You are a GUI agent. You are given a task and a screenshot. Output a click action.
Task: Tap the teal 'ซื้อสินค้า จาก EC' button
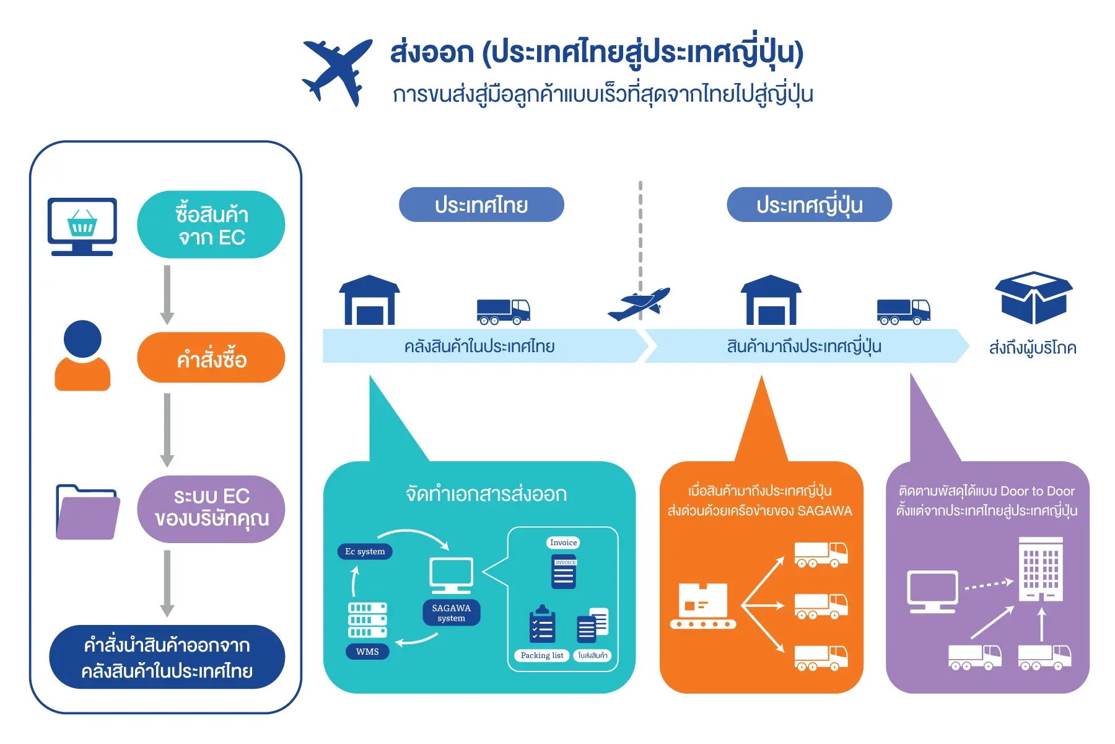point(211,225)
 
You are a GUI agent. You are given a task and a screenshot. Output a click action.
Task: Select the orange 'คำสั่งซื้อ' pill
point(211,358)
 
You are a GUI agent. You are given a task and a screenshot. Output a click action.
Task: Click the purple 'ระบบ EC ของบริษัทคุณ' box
point(211,508)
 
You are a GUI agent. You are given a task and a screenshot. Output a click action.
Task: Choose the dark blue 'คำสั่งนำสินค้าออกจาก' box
point(167,657)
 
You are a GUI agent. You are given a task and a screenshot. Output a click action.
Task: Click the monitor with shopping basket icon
point(82,226)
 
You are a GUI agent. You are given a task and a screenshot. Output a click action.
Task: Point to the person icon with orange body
point(82,356)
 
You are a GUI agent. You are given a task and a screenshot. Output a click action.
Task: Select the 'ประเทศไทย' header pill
point(481,205)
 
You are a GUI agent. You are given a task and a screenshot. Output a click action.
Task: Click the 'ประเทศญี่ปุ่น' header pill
point(809,205)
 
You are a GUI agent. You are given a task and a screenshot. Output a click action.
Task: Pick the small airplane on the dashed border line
point(639,303)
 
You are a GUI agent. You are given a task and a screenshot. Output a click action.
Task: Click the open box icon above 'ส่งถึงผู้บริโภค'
point(1033,298)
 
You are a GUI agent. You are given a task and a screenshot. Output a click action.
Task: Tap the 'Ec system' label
point(365,551)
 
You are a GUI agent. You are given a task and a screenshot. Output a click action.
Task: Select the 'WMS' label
point(367,652)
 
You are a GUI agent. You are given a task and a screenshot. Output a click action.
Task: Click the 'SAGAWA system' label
point(452,613)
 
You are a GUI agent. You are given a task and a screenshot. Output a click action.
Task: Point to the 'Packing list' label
point(542,655)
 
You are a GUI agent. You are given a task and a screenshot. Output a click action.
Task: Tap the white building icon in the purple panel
point(1041,569)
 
